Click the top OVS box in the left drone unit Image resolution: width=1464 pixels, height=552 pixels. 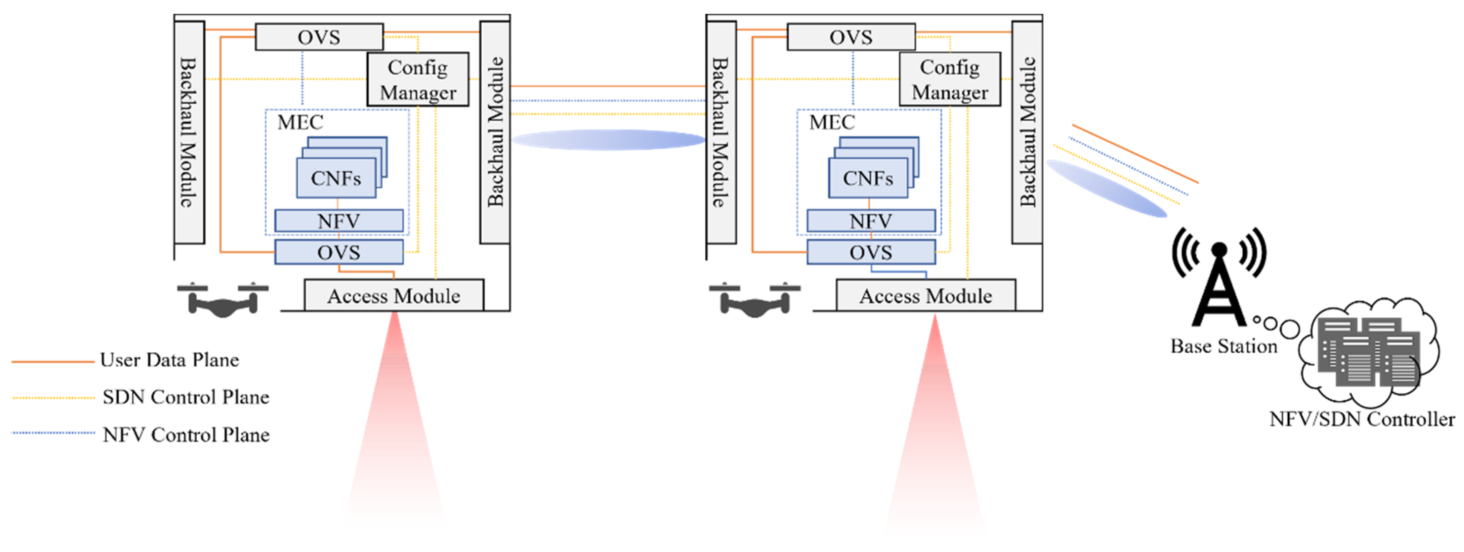click(x=319, y=37)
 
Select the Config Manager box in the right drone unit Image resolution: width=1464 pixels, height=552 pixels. click(x=950, y=80)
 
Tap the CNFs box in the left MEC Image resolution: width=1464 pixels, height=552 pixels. click(x=336, y=178)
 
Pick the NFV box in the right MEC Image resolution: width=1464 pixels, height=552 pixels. click(x=871, y=221)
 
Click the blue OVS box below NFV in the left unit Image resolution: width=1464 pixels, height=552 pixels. click(x=339, y=252)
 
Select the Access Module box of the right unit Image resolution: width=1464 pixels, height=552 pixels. click(x=925, y=295)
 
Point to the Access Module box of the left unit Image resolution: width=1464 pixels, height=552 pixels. click(x=393, y=295)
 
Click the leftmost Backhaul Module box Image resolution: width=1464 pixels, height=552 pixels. click(x=189, y=132)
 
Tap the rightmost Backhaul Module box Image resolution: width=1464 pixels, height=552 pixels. click(x=1027, y=132)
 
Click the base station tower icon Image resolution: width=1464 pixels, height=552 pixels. click(x=1219, y=279)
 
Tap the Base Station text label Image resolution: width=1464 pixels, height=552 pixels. click(x=1223, y=346)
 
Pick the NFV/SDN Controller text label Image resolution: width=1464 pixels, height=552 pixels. click(x=1362, y=419)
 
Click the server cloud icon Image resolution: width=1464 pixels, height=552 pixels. click(x=1370, y=352)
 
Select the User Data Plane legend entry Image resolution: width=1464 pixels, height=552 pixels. click(x=169, y=360)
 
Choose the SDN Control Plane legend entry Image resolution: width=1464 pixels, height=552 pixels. click(x=185, y=397)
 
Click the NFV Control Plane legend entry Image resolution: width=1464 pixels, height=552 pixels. click(x=185, y=435)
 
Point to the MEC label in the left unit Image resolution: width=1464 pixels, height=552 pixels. click(x=300, y=122)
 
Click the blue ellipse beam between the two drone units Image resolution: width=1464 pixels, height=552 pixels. click(x=608, y=140)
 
